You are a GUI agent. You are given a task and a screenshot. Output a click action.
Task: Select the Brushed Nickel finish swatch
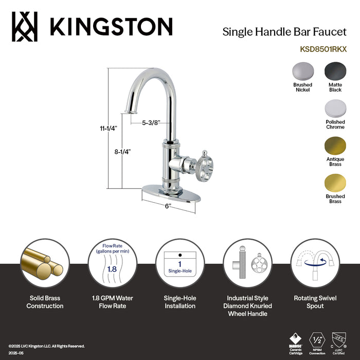[302, 71]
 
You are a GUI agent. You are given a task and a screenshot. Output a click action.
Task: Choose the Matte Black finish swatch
[335, 71]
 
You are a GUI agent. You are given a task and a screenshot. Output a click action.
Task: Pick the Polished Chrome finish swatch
[335, 109]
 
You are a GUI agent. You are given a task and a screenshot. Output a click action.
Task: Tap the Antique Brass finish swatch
[335, 146]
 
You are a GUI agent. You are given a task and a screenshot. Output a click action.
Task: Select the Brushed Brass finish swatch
[335, 183]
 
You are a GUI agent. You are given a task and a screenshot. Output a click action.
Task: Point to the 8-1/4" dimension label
[123, 152]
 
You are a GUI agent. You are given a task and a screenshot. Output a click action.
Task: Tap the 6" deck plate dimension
[168, 206]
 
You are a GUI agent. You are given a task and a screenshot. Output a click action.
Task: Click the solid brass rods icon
[45, 263]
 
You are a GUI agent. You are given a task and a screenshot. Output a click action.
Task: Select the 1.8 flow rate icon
[112, 263]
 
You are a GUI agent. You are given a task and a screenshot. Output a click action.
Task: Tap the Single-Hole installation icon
[179, 263]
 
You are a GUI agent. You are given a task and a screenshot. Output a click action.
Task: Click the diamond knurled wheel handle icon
[247, 263]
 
